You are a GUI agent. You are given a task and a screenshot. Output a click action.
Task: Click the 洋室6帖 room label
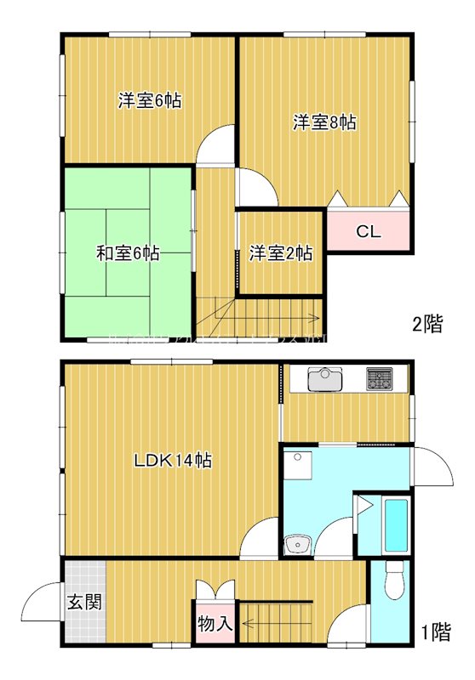point(149,100)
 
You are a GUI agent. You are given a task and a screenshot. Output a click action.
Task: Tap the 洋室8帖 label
point(324,122)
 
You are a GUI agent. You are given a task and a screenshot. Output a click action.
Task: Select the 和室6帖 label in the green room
point(128,252)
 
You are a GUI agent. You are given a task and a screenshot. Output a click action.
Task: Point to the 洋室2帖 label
point(280,253)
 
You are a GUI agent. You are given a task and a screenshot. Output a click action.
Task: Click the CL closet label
point(368,231)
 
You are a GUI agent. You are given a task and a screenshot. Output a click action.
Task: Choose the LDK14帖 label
point(173,461)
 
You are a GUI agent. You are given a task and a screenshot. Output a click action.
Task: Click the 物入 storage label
point(215,623)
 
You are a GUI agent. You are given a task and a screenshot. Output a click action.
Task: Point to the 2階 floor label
point(427,324)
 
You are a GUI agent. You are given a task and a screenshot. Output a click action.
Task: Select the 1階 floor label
point(435,632)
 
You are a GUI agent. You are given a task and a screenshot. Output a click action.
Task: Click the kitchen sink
point(324,380)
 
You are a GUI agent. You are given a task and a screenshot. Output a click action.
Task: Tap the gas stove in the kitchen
point(380,379)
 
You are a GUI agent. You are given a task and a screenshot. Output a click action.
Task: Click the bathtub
point(397,524)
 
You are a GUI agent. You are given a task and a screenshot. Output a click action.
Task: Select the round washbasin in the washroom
point(296,542)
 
